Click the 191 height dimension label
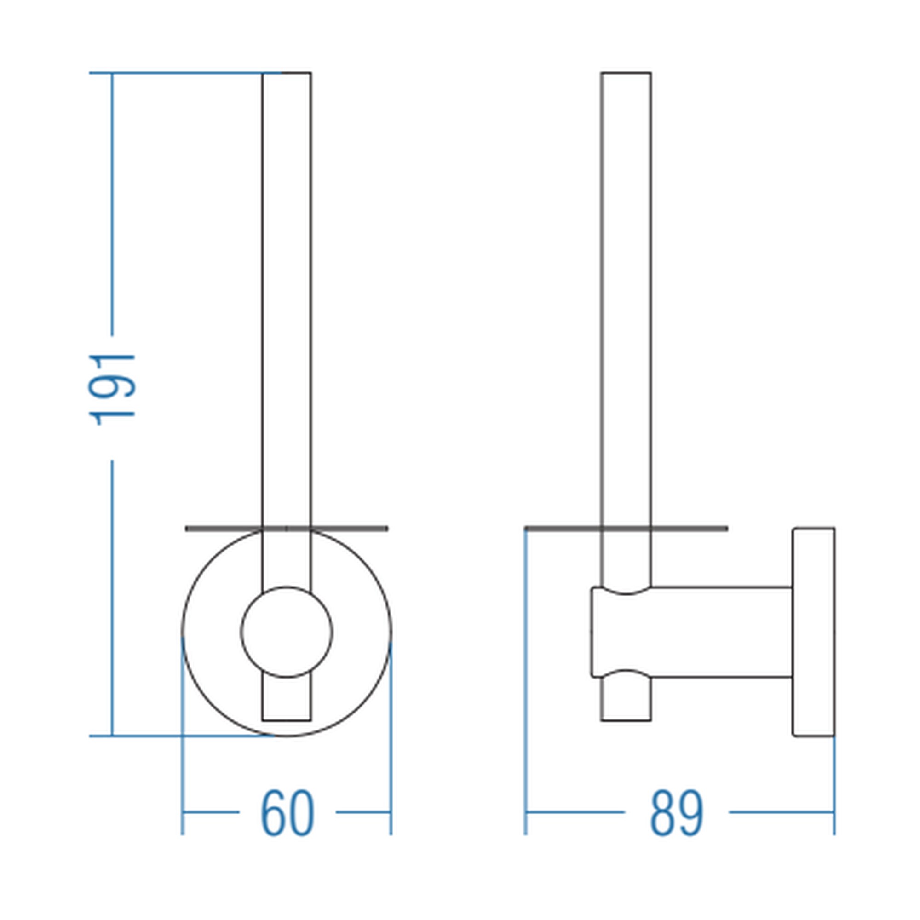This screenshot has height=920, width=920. click(112, 389)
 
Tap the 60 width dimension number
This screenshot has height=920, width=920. click(287, 813)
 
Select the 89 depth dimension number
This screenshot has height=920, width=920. click(676, 813)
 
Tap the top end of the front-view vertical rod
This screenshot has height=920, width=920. click(287, 73)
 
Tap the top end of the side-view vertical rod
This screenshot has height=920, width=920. click(626, 73)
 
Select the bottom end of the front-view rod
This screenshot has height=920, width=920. click(287, 720)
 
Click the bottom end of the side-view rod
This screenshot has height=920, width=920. click(626, 720)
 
